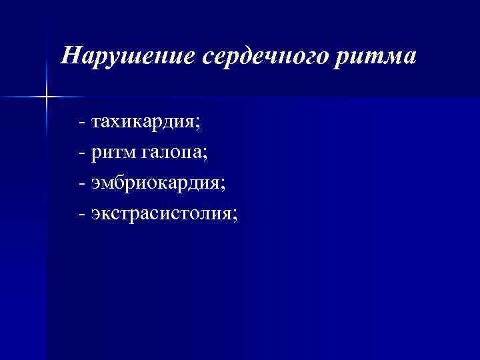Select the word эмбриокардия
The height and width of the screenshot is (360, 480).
156,184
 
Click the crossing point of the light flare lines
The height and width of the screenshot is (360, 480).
47,97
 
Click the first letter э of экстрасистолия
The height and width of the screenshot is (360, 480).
96,215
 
